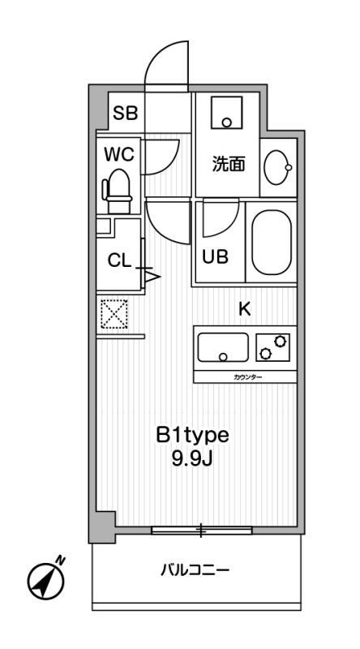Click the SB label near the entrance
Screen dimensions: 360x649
pos(126,112)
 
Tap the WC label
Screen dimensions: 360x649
pos(119,154)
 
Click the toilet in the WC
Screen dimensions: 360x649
pos(118,191)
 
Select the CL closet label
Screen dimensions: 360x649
pos(119,260)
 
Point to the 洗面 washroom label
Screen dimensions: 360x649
pos(229,165)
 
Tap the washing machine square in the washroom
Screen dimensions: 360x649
pos(226,112)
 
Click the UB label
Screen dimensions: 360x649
pos(215,257)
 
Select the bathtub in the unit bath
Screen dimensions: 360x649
pos(272,242)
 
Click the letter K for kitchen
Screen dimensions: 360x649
pos(245,309)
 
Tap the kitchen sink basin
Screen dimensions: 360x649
pos(223,347)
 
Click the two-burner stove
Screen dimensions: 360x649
pos(272,347)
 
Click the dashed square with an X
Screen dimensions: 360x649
pos(114,314)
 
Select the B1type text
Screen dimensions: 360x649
pos(192,435)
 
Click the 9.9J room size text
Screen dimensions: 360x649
pos(192,459)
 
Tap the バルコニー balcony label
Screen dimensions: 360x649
pos(195,571)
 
